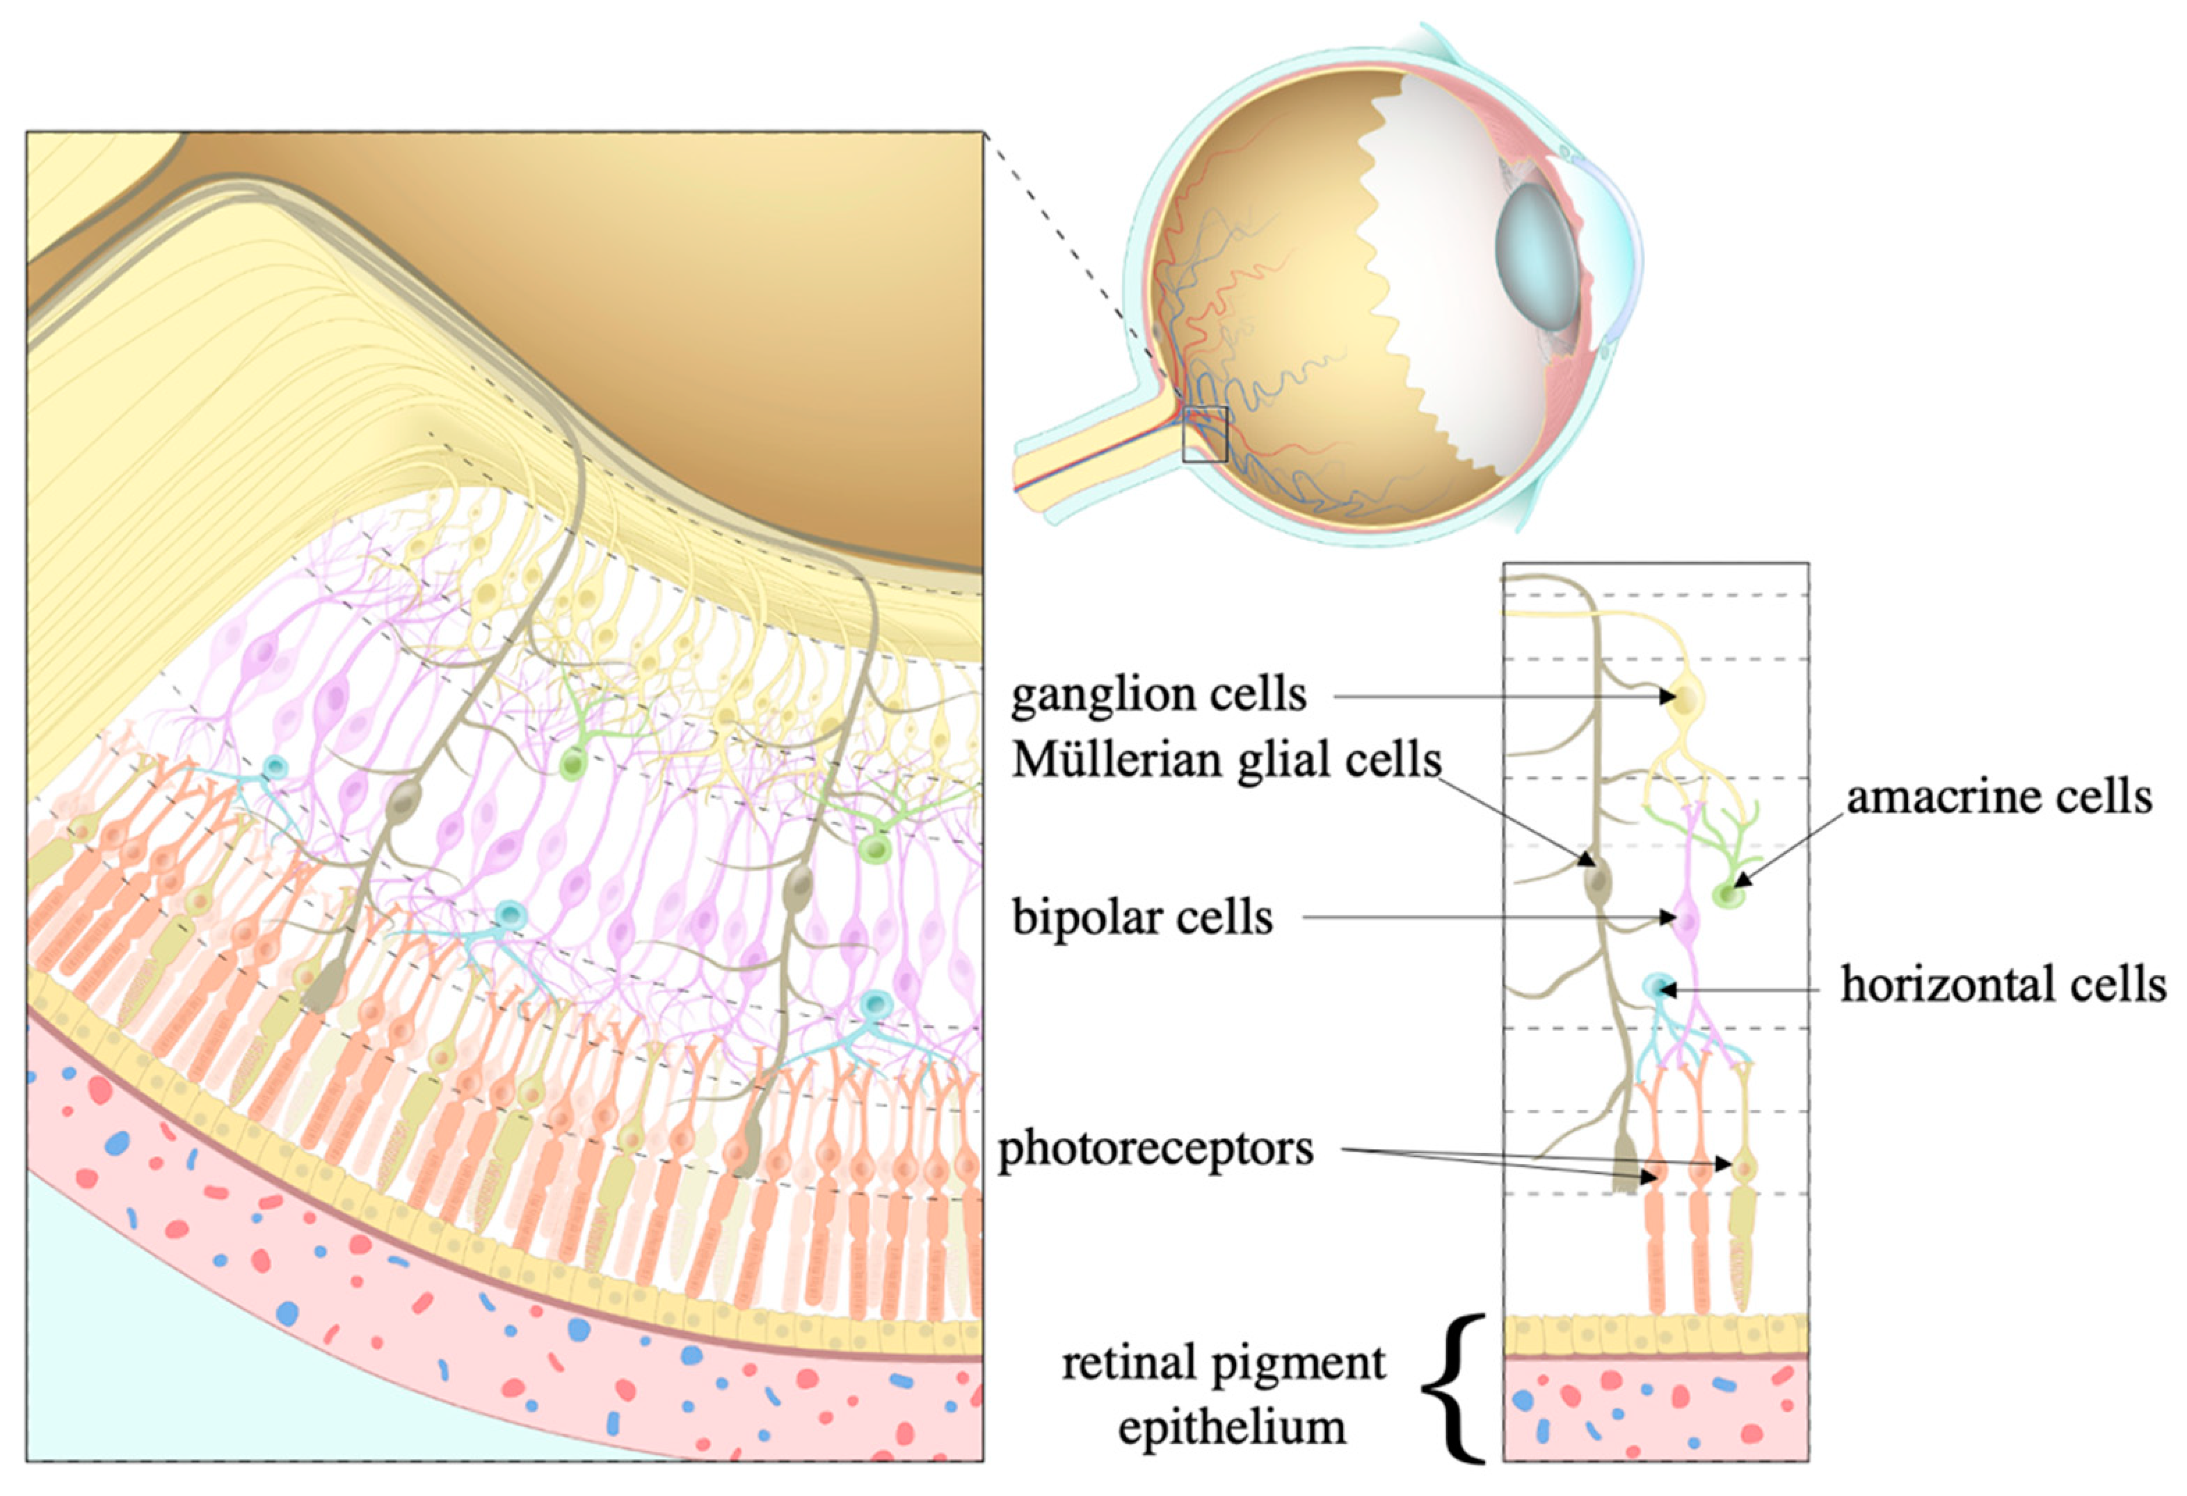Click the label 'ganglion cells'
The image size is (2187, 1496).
click(x=1158, y=696)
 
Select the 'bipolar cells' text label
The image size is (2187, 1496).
click(x=1142, y=917)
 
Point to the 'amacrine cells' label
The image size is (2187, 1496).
click(x=1998, y=797)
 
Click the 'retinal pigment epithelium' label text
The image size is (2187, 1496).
click(x=1224, y=1394)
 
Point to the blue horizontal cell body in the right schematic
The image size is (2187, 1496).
click(x=1656, y=987)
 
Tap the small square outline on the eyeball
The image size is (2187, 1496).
click(x=1205, y=434)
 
